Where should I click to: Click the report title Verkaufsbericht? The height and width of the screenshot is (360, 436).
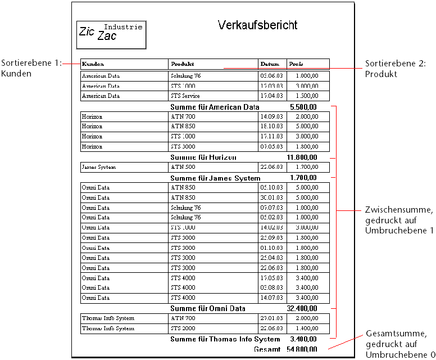[x=257, y=25]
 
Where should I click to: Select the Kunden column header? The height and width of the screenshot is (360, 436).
[x=93, y=64]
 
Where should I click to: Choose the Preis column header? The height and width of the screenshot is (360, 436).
[x=296, y=64]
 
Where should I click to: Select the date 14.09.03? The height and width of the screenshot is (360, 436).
[x=272, y=116]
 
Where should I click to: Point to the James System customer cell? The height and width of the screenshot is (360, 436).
[x=97, y=167]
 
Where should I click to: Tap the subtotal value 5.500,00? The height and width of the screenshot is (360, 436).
[x=303, y=107]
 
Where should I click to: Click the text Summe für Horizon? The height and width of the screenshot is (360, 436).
[x=203, y=157]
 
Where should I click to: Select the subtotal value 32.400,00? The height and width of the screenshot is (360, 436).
[x=302, y=308]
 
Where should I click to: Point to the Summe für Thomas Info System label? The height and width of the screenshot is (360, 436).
[x=225, y=339]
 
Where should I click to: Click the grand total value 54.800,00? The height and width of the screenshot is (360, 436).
[x=302, y=349]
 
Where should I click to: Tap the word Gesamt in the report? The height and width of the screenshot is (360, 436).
[x=267, y=349]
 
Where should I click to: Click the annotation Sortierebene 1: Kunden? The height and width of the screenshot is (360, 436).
[x=30, y=68]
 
